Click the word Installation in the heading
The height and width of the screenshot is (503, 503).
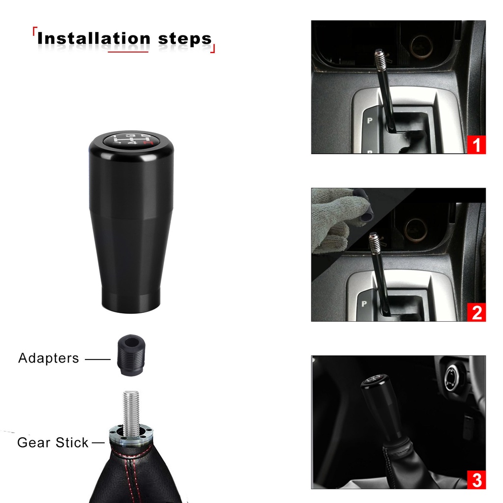click(x=94, y=38)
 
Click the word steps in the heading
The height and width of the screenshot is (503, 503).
click(x=185, y=39)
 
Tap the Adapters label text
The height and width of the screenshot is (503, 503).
click(x=49, y=358)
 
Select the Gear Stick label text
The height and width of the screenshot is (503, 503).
click(x=53, y=443)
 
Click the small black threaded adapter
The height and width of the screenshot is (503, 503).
click(x=130, y=355)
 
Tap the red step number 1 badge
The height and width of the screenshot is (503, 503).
click(x=476, y=145)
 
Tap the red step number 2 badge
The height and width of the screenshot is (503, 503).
click(x=476, y=312)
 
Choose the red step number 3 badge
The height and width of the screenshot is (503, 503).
click(x=476, y=480)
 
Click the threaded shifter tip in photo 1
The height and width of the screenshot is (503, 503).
click(x=380, y=59)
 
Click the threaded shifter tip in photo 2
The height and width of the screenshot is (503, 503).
click(x=374, y=243)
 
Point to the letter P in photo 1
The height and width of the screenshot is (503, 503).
click(x=369, y=121)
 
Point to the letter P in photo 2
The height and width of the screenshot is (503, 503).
click(x=364, y=304)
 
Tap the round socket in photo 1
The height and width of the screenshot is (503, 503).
click(x=421, y=47)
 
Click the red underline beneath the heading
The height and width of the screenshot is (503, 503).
click(x=128, y=51)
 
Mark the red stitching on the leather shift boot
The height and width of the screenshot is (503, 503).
click(x=133, y=472)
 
